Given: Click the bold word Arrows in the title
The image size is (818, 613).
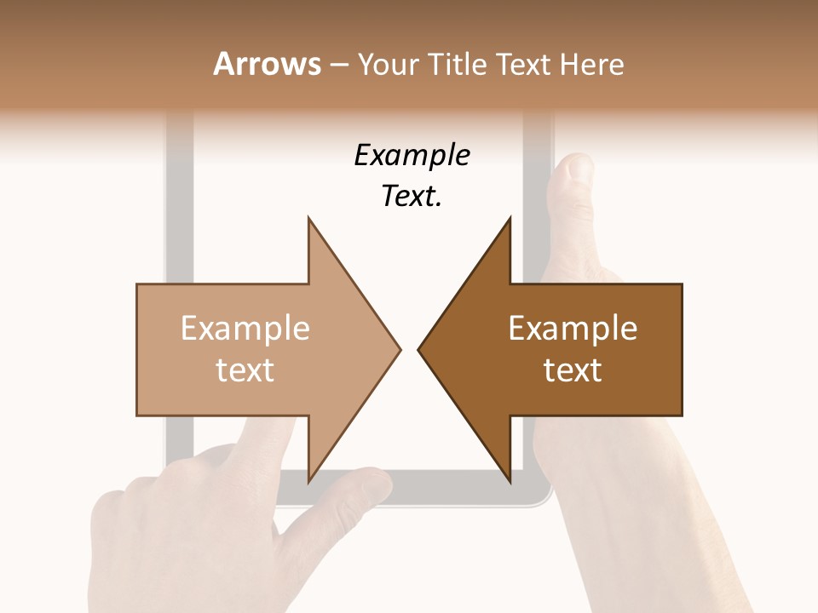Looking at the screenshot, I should (x=268, y=64).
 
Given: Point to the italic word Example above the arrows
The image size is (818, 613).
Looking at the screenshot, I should (x=412, y=156).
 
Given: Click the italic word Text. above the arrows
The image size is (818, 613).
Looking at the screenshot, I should (x=412, y=197).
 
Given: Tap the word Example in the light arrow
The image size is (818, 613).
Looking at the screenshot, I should (x=245, y=329).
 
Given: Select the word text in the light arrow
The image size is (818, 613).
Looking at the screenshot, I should (x=245, y=370).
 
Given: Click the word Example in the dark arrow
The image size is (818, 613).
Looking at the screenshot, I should (x=573, y=329).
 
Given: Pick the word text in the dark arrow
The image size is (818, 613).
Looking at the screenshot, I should (x=573, y=370).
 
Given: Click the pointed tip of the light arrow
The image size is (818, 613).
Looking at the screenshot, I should (x=399, y=349).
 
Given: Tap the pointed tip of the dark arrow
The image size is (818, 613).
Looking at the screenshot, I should (x=420, y=349).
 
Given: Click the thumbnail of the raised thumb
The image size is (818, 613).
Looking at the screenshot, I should (x=579, y=169).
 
